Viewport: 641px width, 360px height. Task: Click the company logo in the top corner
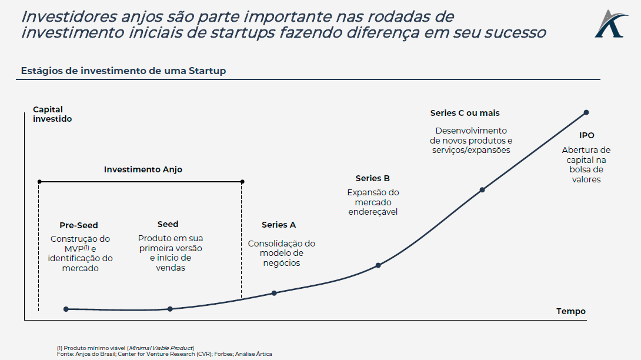611,24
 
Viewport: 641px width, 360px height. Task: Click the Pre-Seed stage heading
78,225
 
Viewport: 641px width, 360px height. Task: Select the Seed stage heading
168,224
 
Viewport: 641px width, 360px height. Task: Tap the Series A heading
278,225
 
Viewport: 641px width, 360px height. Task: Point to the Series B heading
372,178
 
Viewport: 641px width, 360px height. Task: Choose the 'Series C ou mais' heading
465,113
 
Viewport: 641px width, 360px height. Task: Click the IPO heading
587,135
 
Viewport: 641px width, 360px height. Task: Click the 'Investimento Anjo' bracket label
143,169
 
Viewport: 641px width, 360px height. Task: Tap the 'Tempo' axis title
570,311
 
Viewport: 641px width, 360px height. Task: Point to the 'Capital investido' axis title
52,114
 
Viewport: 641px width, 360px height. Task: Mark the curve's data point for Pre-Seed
66,309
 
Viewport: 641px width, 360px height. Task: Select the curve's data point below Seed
170,309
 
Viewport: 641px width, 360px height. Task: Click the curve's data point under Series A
274,293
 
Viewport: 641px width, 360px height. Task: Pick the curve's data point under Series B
378,265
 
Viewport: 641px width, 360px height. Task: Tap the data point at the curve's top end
586,112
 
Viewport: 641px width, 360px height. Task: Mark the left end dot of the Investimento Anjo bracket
39,182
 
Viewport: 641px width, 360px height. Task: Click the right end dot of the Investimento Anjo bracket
242,182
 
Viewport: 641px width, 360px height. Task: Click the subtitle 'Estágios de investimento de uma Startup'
123,71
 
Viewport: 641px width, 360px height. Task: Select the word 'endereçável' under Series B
373,212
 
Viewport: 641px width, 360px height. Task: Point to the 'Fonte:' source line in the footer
164,354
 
